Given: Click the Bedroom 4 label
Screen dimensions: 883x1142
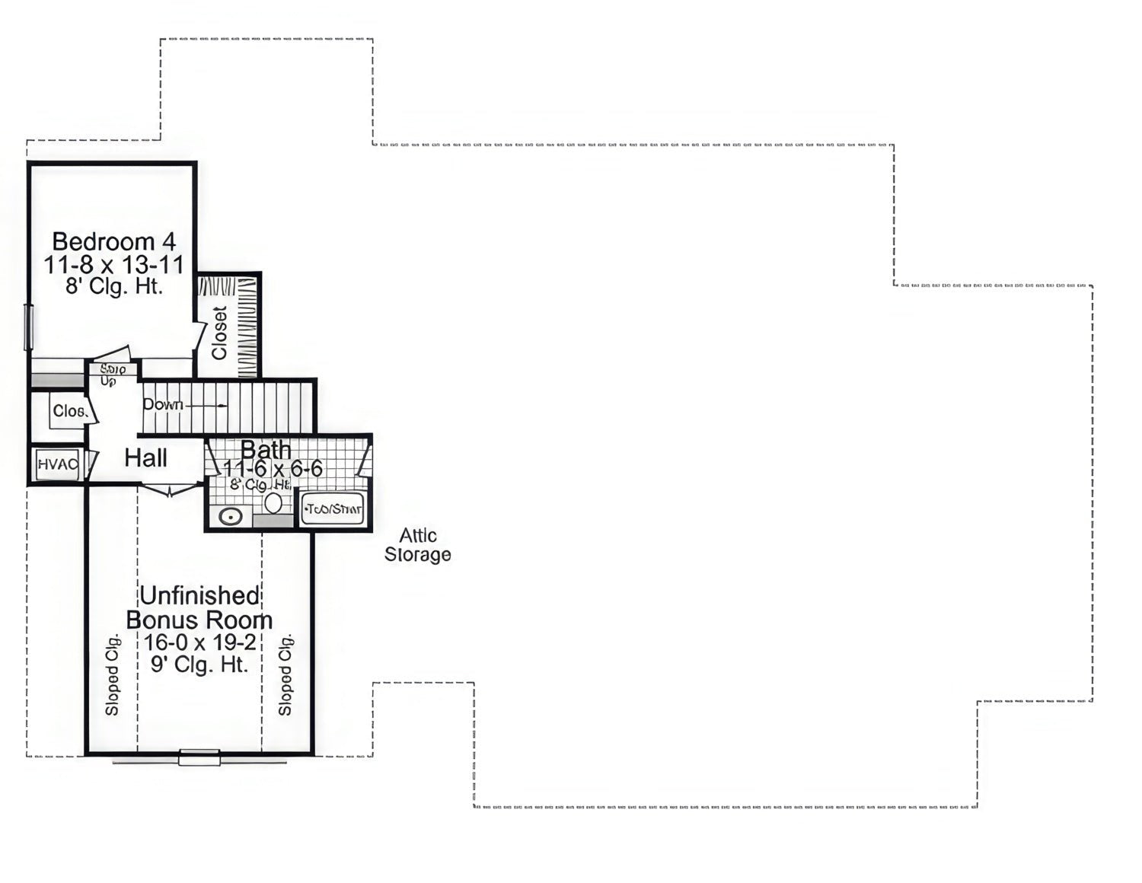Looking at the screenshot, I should coord(114,241).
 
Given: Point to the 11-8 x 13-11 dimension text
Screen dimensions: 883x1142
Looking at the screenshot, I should coord(114,265).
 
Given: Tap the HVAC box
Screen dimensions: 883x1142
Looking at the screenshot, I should coord(58,464).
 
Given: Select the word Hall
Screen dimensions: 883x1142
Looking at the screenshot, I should coord(146,457).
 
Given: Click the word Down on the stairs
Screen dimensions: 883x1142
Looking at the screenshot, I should coord(163,404).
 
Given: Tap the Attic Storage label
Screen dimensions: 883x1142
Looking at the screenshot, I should coord(417,545).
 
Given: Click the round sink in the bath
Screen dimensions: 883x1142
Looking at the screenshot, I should coord(230,516).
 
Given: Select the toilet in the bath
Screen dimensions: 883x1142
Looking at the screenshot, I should coord(273,503).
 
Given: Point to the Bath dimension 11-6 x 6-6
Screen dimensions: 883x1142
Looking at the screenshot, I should coord(273,469).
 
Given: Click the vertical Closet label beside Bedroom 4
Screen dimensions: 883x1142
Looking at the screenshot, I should coord(220,333).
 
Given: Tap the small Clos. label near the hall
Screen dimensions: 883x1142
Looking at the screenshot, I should coord(69,411).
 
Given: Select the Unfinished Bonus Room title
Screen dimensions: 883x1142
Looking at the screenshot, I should coord(199,607).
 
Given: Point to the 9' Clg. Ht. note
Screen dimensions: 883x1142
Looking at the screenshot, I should coord(199,665).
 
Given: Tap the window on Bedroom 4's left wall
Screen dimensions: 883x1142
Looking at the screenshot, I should coord(30,327).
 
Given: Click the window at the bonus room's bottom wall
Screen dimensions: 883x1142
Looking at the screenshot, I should coord(199,757).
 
